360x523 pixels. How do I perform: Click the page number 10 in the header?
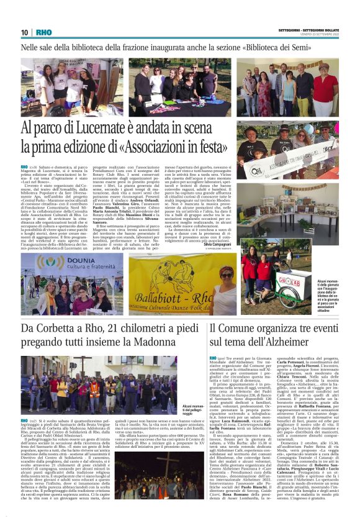[24, 32]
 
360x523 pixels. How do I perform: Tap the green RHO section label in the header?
[44, 32]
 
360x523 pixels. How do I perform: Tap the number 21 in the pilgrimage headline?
[120, 328]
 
